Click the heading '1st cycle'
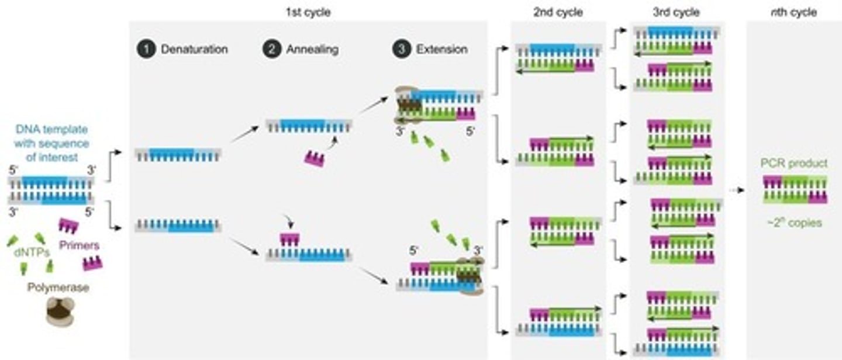(x=308, y=12)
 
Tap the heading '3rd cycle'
(x=676, y=12)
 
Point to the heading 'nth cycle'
(x=793, y=12)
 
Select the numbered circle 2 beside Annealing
(x=272, y=50)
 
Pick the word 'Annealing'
(x=312, y=50)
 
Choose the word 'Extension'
(x=441, y=50)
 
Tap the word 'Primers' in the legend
(x=79, y=245)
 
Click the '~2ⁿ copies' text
(x=795, y=222)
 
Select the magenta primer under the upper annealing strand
(x=315, y=158)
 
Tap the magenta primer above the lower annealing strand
(x=289, y=239)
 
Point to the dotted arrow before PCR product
(x=738, y=191)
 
